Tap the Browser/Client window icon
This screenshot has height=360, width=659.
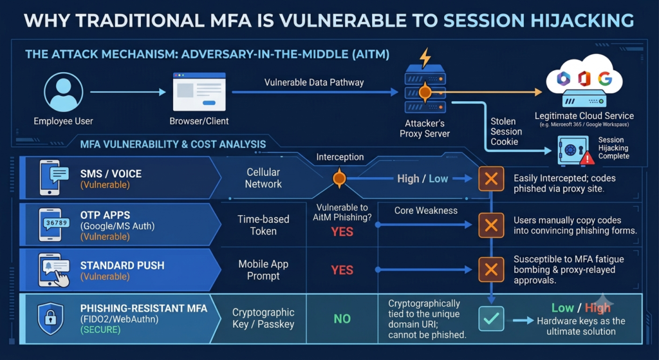click(200, 91)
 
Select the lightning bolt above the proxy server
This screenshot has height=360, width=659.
click(425, 57)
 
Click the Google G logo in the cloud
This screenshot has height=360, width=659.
click(605, 79)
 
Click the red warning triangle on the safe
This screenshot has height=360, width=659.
click(587, 158)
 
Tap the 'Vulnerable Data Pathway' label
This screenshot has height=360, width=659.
click(314, 82)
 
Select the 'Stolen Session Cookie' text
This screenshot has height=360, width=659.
click(506, 131)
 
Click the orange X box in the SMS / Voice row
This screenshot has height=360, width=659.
click(491, 179)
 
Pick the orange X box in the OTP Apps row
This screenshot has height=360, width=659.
click(491, 225)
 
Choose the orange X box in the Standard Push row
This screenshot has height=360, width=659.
click(491, 270)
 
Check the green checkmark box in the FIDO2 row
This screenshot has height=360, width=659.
click(491, 318)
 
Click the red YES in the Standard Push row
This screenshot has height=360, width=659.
click(342, 270)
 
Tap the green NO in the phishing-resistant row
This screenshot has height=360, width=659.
click(342, 319)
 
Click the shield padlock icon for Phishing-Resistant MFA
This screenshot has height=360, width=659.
click(50, 318)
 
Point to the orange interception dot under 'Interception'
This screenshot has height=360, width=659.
click(339, 179)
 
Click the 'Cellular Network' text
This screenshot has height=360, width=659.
click(263, 178)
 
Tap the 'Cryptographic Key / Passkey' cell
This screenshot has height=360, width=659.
click(263, 318)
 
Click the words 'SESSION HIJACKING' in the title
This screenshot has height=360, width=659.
click(539, 21)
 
